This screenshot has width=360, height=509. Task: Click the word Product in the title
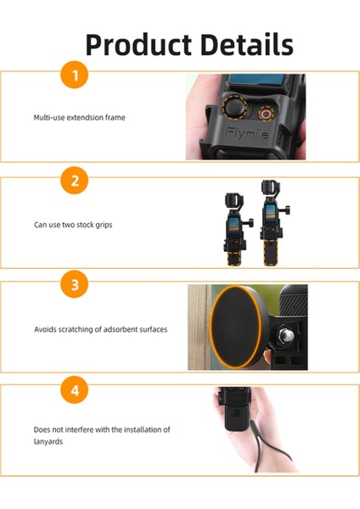click(138, 44)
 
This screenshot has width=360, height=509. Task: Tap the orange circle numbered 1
click(75, 76)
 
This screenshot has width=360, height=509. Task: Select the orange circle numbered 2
click(75, 181)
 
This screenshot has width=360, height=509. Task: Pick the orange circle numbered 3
click(75, 286)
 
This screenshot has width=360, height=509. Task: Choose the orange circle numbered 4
click(75, 390)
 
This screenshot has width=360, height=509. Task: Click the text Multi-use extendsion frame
click(79, 118)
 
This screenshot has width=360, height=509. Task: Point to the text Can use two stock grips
click(73, 225)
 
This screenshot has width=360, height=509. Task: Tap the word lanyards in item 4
click(49, 441)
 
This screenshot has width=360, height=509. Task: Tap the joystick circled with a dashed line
click(231, 110)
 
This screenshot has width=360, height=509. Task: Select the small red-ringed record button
click(267, 111)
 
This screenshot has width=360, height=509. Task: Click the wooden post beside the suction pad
click(197, 327)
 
